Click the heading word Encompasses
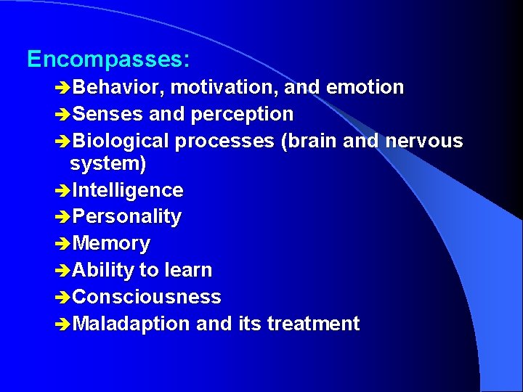click(108, 60)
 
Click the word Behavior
click(119, 88)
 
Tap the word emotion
click(365, 88)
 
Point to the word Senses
click(108, 115)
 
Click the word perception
click(243, 115)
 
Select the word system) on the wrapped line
click(108, 165)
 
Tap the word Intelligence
click(128, 191)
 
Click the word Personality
click(127, 217)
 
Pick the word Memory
click(111, 244)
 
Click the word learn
click(188, 271)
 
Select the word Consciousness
click(147, 298)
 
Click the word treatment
click(313, 324)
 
